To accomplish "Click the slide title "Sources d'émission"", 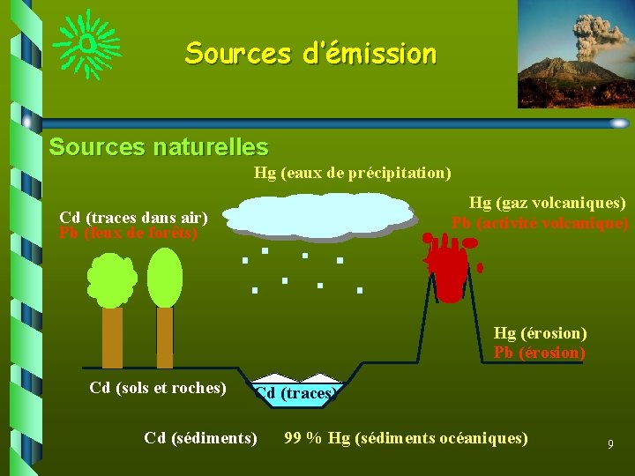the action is (310, 54).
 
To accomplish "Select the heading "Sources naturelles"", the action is (159, 146).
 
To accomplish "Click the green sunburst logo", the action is (86, 42).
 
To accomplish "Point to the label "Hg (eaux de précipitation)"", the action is (353, 173).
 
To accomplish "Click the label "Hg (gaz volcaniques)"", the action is (547, 204).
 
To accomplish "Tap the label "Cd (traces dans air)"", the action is (133, 217).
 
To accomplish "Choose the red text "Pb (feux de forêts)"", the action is (128, 234).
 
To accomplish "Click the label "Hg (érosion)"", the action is (540, 333).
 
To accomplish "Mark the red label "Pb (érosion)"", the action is (540, 353).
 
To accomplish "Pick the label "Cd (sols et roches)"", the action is (158, 388).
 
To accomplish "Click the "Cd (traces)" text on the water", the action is (295, 393).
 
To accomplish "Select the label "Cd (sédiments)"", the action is (201, 437).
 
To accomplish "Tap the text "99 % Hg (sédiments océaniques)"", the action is (406, 437).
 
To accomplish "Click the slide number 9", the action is (610, 444).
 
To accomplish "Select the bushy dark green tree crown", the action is (112, 279).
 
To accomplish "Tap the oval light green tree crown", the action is (165, 278).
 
